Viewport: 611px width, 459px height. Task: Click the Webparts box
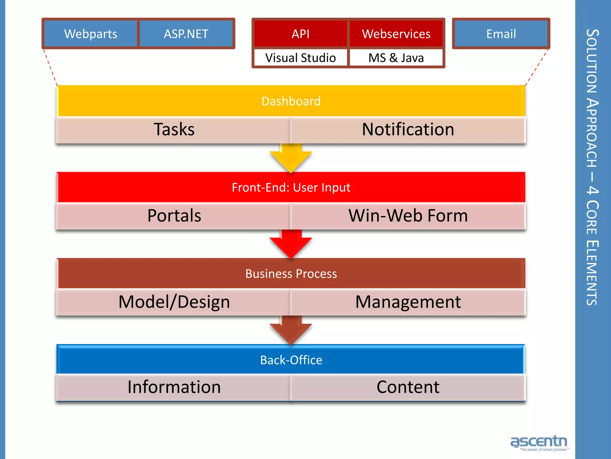pyautogui.click(x=91, y=34)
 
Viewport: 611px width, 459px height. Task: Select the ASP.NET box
pyautogui.click(x=186, y=34)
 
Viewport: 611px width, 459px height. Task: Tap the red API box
pyautogui.click(x=300, y=34)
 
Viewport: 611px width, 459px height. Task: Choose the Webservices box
pyautogui.click(x=396, y=34)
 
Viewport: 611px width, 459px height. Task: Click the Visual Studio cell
pyautogui.click(x=300, y=58)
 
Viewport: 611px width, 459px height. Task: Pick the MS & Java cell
pyautogui.click(x=396, y=58)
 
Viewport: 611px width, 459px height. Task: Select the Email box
pyautogui.click(x=501, y=34)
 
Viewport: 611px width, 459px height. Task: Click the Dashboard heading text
pyautogui.click(x=291, y=101)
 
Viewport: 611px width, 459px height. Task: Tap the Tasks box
pyautogui.click(x=174, y=129)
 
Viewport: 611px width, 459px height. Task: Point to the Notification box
pyautogui.click(x=408, y=129)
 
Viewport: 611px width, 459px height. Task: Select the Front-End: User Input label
pyautogui.click(x=291, y=187)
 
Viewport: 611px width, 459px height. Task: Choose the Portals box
pyautogui.click(x=174, y=215)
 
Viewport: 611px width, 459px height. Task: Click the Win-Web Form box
pyautogui.click(x=408, y=215)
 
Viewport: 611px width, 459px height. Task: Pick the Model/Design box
pyautogui.click(x=174, y=302)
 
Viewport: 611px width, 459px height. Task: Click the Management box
pyautogui.click(x=408, y=302)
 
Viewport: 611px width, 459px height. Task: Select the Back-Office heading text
pyautogui.click(x=291, y=360)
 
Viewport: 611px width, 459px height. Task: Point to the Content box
pyautogui.click(x=408, y=387)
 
